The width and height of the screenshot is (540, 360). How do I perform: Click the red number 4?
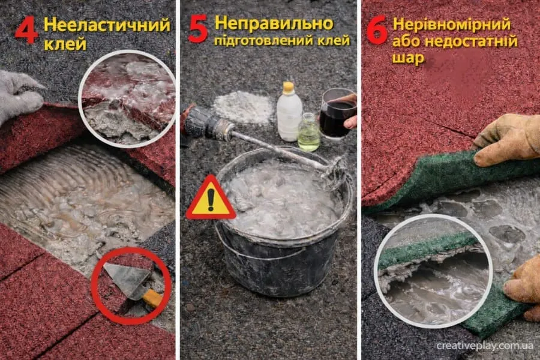click(26, 31)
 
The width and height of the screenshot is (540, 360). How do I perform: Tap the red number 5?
click(199, 29)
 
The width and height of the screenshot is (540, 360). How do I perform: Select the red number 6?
click(377, 30)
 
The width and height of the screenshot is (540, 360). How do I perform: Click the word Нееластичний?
click(107, 25)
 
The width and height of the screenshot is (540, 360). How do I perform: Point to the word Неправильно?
click(274, 24)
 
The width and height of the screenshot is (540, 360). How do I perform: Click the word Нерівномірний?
click(451, 25)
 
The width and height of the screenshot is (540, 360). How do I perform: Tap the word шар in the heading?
click(408, 58)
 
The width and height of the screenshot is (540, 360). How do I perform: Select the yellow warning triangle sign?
click(211, 198)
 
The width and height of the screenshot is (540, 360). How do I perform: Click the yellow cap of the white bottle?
click(289, 87)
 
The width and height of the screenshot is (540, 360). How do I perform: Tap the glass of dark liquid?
click(337, 113)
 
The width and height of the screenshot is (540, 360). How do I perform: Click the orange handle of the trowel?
click(152, 299)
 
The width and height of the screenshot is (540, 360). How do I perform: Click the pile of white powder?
click(244, 107)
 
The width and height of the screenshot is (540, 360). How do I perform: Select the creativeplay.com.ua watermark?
click(485, 346)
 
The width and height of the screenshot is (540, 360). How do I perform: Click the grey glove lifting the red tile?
click(19, 93)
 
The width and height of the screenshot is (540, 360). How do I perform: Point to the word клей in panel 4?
click(65, 44)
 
